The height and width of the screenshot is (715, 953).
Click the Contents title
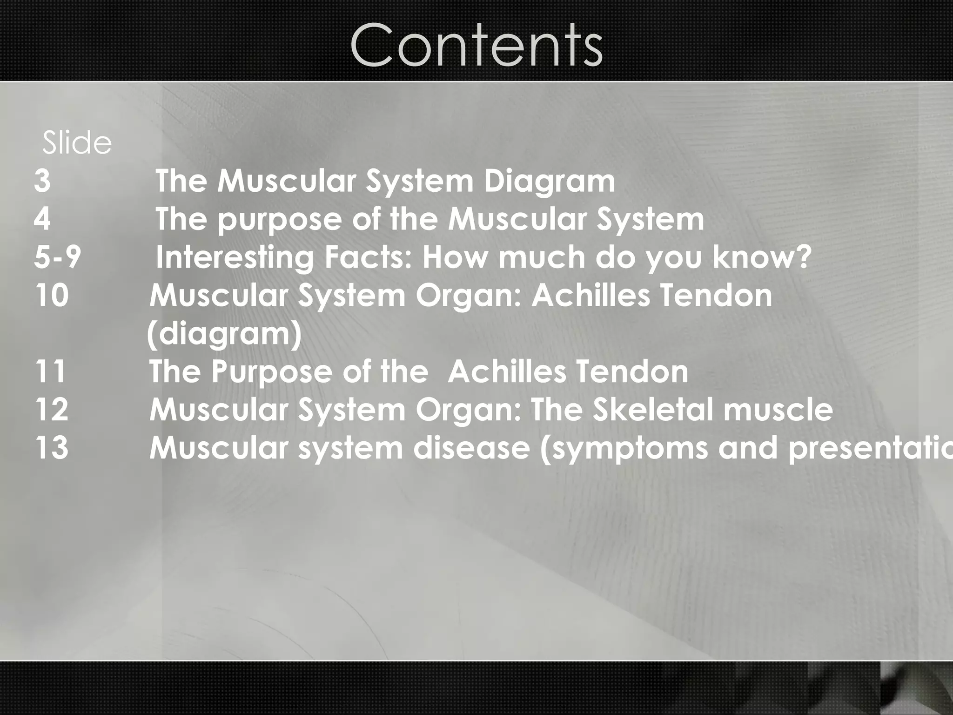click(x=476, y=45)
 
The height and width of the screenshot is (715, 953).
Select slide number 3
click(x=42, y=181)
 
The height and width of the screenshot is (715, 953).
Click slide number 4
click(x=42, y=219)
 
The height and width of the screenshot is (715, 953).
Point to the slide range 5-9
click(x=58, y=257)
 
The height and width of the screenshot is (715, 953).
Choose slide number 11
click(x=50, y=371)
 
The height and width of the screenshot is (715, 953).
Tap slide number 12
click(x=52, y=410)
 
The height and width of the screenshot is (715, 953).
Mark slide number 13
click(x=52, y=448)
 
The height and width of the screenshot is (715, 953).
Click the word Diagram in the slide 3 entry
click(x=549, y=182)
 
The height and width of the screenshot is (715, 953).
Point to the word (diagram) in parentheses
click(x=225, y=334)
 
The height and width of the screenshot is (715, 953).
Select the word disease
click(x=471, y=448)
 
